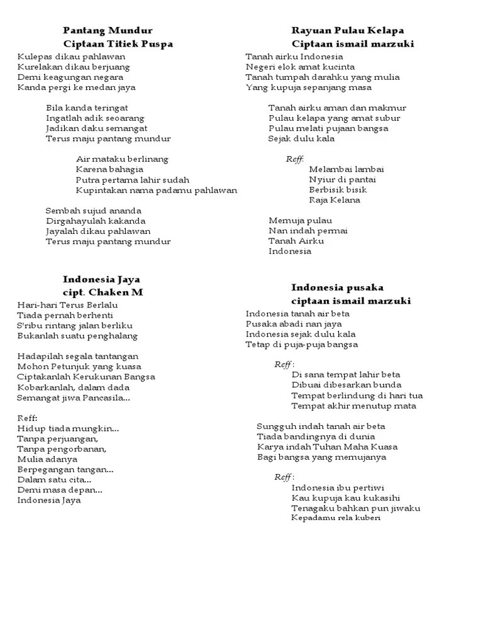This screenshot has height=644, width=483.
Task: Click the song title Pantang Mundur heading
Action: click(108, 30)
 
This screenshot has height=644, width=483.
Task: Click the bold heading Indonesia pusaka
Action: click(337, 287)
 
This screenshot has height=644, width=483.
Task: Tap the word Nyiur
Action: click(321, 179)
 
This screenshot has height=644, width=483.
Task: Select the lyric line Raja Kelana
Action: click(335, 200)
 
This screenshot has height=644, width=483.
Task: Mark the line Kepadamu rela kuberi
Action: click(336, 518)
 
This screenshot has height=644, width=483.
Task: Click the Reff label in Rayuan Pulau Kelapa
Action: click(295, 159)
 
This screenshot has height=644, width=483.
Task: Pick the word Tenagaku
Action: click(313, 508)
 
